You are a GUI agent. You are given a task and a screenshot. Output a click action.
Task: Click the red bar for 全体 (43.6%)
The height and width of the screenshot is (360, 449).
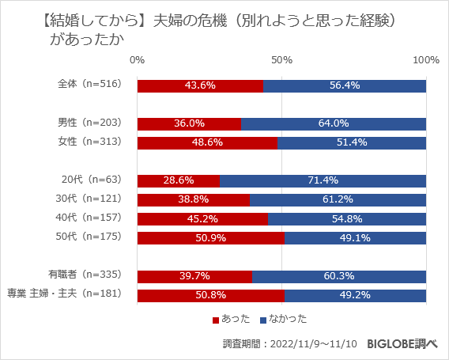(x=200, y=85)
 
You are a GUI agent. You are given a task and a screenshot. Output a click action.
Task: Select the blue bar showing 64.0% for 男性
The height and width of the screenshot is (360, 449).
(x=334, y=123)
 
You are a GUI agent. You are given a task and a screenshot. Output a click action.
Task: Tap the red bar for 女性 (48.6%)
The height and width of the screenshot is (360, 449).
(x=207, y=142)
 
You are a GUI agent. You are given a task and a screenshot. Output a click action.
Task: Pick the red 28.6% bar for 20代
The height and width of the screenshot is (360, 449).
(x=178, y=180)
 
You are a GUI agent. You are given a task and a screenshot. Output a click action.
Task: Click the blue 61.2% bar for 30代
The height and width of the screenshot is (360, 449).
(x=338, y=199)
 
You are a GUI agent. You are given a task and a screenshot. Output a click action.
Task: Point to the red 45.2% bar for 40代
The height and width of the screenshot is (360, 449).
(x=202, y=218)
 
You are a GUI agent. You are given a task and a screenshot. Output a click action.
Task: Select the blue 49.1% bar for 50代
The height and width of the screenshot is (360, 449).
(x=355, y=237)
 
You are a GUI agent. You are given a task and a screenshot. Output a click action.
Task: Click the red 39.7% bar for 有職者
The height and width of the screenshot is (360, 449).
(x=194, y=275)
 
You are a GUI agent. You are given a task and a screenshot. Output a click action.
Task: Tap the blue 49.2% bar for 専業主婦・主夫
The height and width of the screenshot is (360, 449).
(x=355, y=295)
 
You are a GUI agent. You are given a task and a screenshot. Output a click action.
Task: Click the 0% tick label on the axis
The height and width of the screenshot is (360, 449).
(x=137, y=60)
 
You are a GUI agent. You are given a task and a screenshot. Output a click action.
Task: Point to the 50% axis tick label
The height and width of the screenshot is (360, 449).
(x=281, y=60)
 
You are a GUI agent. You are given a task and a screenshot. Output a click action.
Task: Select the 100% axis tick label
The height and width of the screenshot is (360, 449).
(x=426, y=60)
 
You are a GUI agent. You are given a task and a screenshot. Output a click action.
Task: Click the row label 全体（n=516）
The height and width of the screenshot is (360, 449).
(x=90, y=85)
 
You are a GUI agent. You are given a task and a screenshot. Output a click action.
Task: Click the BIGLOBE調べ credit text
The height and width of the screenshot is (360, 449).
(x=405, y=344)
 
